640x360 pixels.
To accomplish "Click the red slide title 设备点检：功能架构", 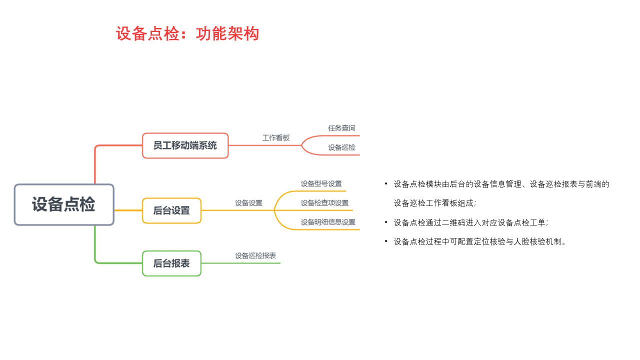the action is coord(187,33).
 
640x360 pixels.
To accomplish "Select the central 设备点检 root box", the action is coord(64,204).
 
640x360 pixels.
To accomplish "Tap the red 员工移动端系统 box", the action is coord(185,145).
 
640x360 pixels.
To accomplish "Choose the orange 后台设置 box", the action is coord(171,210).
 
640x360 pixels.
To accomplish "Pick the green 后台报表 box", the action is coord(171,263).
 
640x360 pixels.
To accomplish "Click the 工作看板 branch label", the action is coord(276,138).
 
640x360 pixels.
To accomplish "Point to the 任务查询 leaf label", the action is coord(341,128).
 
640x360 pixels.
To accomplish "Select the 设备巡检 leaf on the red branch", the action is coord(341,147).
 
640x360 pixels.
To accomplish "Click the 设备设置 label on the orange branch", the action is coord(248,203).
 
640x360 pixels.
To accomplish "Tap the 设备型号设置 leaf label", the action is coord(321,183).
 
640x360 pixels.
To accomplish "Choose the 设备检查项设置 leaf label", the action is coord(324,203).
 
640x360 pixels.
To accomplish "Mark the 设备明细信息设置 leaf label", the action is coord(328,222).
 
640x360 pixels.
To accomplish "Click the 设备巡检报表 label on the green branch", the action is coord(255,255).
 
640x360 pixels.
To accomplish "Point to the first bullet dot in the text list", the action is coord(386,183).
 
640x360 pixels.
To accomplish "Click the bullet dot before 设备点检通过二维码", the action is coord(386,222).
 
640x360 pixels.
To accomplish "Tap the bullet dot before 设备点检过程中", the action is coord(386,241).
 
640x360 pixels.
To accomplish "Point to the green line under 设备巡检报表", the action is coord(240,263).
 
